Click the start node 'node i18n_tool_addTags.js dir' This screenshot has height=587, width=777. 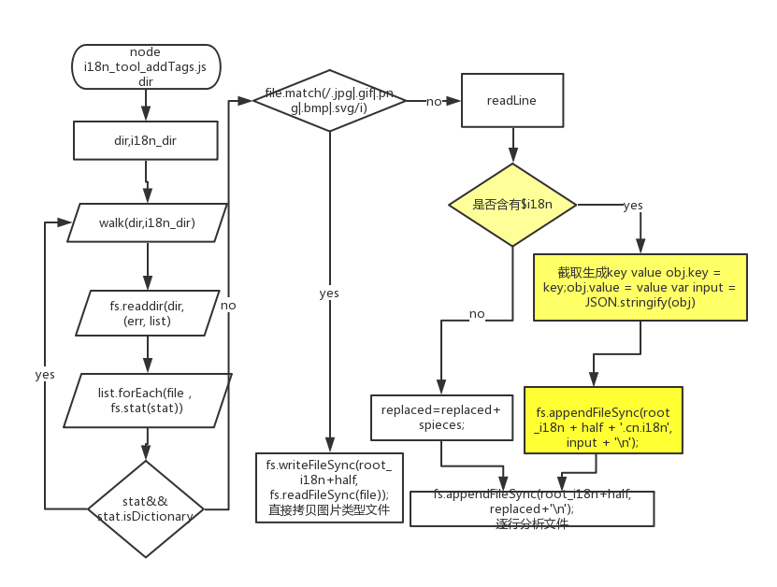[x=146, y=66]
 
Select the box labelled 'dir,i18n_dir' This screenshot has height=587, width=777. [x=146, y=142]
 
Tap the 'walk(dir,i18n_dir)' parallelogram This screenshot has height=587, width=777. [x=146, y=222]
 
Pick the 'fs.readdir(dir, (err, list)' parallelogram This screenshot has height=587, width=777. [x=146, y=313]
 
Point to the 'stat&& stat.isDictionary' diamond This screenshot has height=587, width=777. [x=145, y=508]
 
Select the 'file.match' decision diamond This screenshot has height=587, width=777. [x=329, y=101]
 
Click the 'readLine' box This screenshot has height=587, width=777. [x=511, y=101]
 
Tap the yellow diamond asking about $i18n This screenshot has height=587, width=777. [x=511, y=205]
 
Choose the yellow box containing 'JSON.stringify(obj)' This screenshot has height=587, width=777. [x=640, y=287]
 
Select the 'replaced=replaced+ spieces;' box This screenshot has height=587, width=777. [x=442, y=417]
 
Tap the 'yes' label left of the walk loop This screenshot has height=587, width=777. [x=45, y=374]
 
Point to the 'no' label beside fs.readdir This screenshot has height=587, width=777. [x=227, y=305]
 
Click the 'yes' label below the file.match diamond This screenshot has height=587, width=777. [x=329, y=293]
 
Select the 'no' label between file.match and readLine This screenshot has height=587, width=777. [x=434, y=101]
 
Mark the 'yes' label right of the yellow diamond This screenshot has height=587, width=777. [x=632, y=205]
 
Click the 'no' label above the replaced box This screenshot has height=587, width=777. [x=477, y=314]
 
